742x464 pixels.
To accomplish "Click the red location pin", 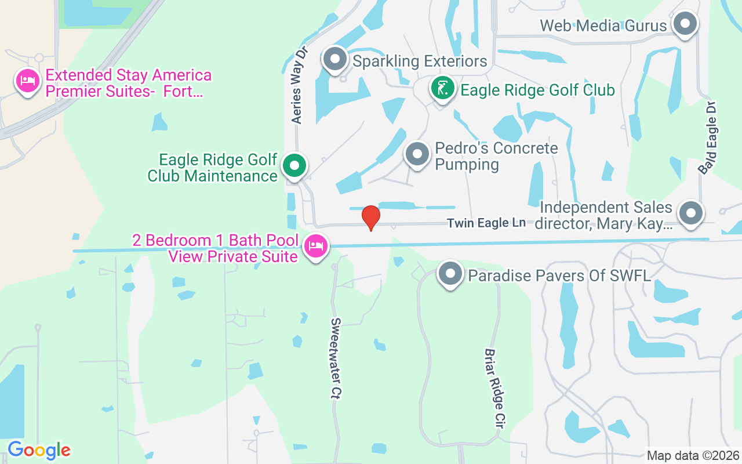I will [x=371, y=217].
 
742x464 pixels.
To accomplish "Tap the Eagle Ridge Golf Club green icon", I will [x=443, y=89].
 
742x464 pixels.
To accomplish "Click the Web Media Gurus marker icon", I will [x=686, y=24].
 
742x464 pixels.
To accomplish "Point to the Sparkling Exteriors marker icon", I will [x=334, y=59].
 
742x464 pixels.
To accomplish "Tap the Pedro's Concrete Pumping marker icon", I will [x=417, y=154].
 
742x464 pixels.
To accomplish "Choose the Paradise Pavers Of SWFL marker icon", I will [x=450, y=273].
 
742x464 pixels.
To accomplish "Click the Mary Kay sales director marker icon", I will [x=690, y=212].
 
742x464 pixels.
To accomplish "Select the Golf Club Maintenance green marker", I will [x=294, y=166].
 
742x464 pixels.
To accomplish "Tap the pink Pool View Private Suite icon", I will [x=316, y=246].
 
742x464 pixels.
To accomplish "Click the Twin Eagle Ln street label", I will [x=486, y=223].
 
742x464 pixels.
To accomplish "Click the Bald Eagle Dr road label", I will [x=708, y=138].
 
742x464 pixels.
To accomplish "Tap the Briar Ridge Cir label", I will [x=493, y=388].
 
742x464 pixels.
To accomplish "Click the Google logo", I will [x=39, y=450].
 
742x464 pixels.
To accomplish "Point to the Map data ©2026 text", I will [x=693, y=455].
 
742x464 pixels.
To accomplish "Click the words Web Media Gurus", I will [x=603, y=26].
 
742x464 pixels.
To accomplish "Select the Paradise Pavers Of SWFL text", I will [x=559, y=275].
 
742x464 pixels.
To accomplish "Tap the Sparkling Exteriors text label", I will [x=420, y=61].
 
